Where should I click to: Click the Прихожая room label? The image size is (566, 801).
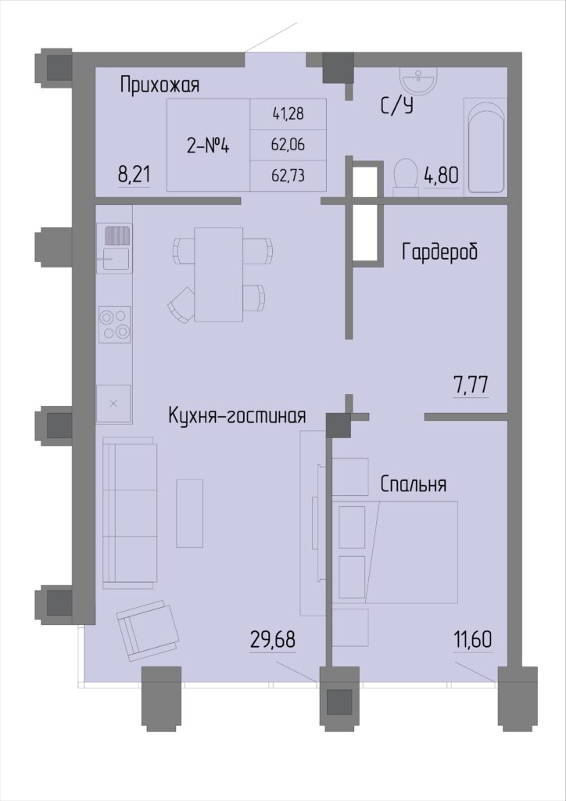(159, 85)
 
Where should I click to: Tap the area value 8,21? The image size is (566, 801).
(134, 175)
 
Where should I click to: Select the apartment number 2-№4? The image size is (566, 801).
(208, 146)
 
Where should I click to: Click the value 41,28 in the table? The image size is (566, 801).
(288, 113)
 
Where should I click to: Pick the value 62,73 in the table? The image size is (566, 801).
(288, 175)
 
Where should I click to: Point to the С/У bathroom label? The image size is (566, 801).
(396, 106)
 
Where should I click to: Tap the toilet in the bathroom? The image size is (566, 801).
(407, 177)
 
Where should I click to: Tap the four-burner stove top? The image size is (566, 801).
(114, 325)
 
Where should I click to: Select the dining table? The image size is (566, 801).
(218, 275)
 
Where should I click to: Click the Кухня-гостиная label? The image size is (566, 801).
(237, 416)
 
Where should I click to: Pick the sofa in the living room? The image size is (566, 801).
(130, 513)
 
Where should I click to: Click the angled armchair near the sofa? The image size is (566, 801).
(148, 630)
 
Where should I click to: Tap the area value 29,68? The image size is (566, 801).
(273, 640)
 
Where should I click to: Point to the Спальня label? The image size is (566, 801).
(414, 484)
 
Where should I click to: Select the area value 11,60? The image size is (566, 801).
(473, 640)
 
